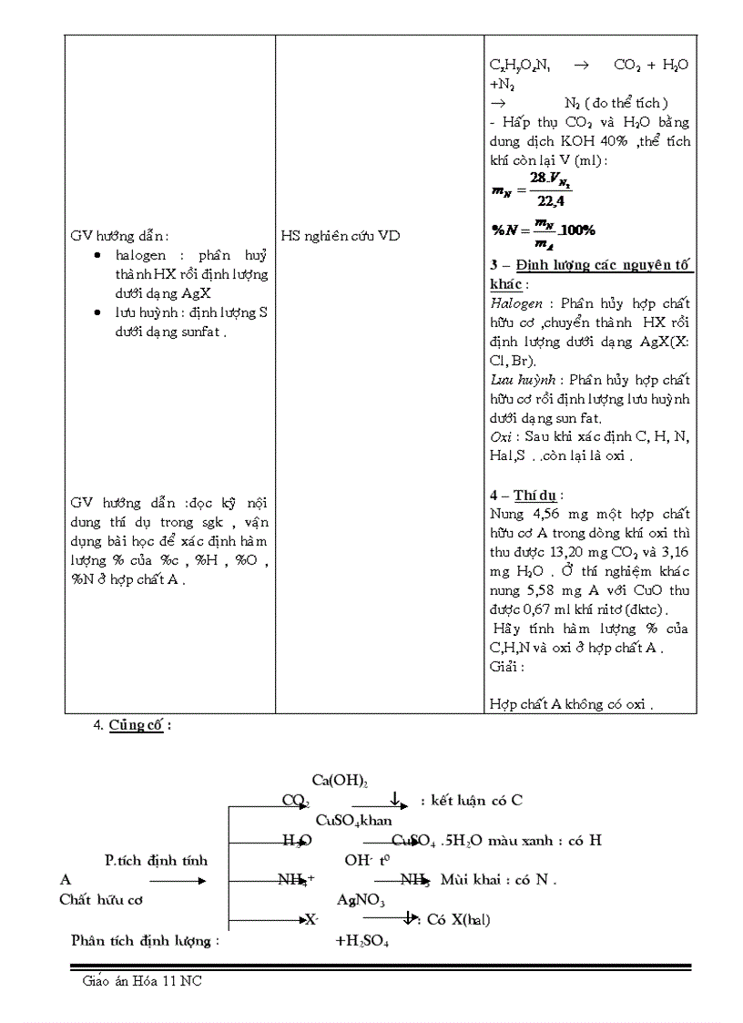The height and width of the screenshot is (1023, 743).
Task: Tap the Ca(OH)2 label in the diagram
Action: [x=339, y=781]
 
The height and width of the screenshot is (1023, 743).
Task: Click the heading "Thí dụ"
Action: [x=535, y=496]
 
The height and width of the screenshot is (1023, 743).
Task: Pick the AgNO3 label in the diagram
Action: [x=361, y=900]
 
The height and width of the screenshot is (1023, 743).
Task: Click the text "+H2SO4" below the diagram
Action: [x=361, y=941]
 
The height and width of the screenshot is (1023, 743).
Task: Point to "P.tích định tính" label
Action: [x=156, y=860]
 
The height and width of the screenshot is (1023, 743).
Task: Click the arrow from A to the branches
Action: [x=177, y=881]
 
